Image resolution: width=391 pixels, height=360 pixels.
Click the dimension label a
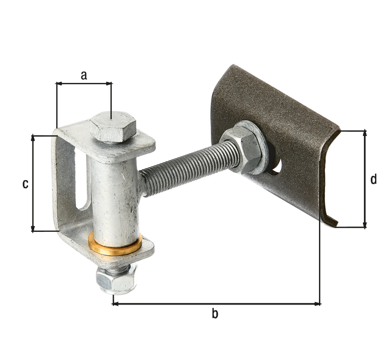click(84, 75)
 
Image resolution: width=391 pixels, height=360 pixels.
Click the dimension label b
click(214, 314)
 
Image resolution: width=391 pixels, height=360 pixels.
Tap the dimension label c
click(25, 184)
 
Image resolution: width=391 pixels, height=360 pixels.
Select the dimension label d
click(373, 179)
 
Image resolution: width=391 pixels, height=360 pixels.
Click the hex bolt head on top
click(112, 126)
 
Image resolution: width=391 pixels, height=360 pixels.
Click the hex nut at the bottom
click(115, 279)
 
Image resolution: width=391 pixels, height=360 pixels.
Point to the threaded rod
click(183, 168)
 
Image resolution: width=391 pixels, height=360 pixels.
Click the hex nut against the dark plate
click(241, 149)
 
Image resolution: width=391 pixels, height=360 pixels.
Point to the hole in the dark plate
click(277, 165)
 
